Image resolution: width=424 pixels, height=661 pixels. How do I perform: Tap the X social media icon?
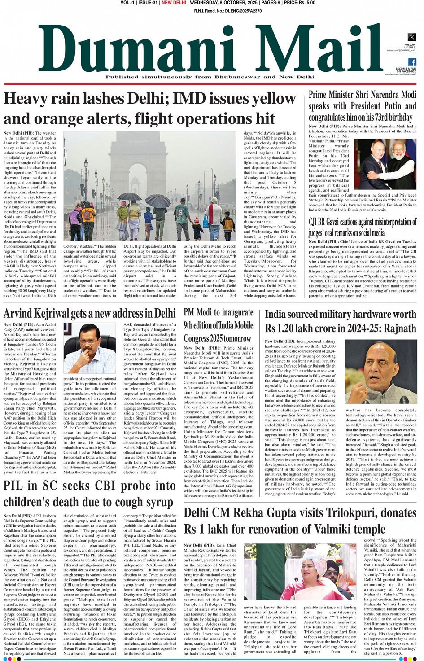pos(411,38)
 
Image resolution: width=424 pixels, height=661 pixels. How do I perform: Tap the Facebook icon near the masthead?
pos(412,62)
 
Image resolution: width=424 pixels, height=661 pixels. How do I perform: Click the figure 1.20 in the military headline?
pos(288,328)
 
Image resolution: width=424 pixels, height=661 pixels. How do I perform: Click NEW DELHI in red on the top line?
pos(174,3)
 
